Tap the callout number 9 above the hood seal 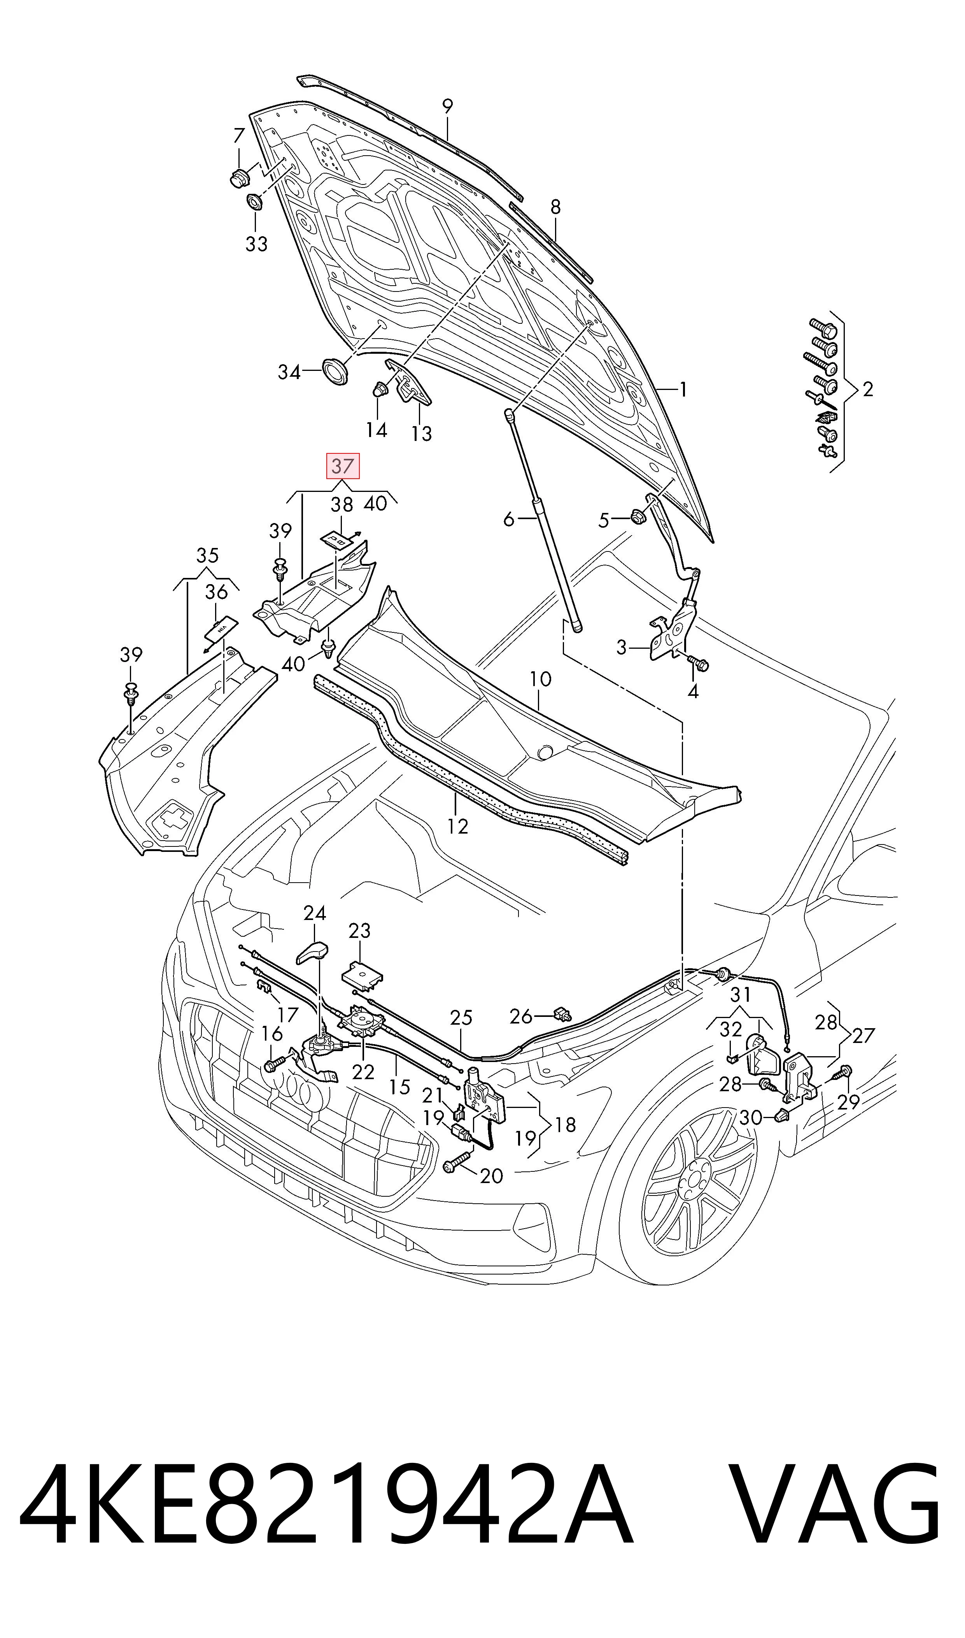coord(447,106)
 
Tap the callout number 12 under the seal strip coord(458,826)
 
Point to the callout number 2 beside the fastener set coord(867,389)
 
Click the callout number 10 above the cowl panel coord(540,679)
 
